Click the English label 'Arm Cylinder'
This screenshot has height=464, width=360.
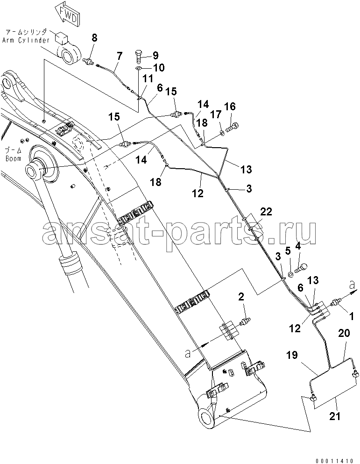coord(26,40)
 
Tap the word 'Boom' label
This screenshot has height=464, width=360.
coord(14,158)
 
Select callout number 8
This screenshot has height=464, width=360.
coord(94,37)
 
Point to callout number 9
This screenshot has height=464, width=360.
coord(155,55)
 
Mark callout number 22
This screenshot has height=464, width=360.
coord(266,212)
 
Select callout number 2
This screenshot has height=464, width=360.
coord(241,297)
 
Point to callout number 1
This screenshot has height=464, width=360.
coord(351,317)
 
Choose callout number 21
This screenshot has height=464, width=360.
coord(335,416)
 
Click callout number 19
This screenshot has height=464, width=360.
coord(292,355)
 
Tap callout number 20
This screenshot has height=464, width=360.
coord(344,334)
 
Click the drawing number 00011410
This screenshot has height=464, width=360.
coord(335,460)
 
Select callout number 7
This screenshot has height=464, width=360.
coord(119,55)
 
